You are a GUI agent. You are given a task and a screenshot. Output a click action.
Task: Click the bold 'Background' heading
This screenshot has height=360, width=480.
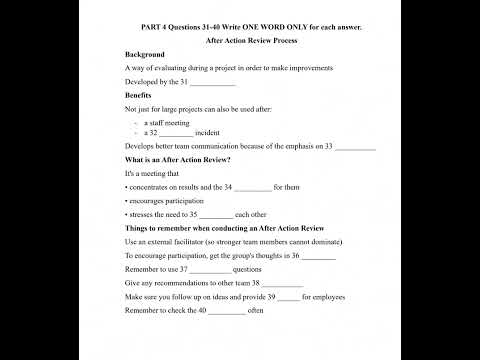coord(144,54)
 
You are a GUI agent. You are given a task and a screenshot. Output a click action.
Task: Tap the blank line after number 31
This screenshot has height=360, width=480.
coord(212,82)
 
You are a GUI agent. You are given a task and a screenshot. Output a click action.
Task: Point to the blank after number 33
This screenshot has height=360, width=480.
coord(355,147)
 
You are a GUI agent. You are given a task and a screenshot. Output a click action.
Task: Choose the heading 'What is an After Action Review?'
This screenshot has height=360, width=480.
coord(178,160)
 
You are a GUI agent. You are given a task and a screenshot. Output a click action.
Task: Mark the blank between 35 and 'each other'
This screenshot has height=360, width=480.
coord(216,215)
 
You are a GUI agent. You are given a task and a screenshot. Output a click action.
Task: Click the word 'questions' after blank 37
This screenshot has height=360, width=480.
coord(247,270)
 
